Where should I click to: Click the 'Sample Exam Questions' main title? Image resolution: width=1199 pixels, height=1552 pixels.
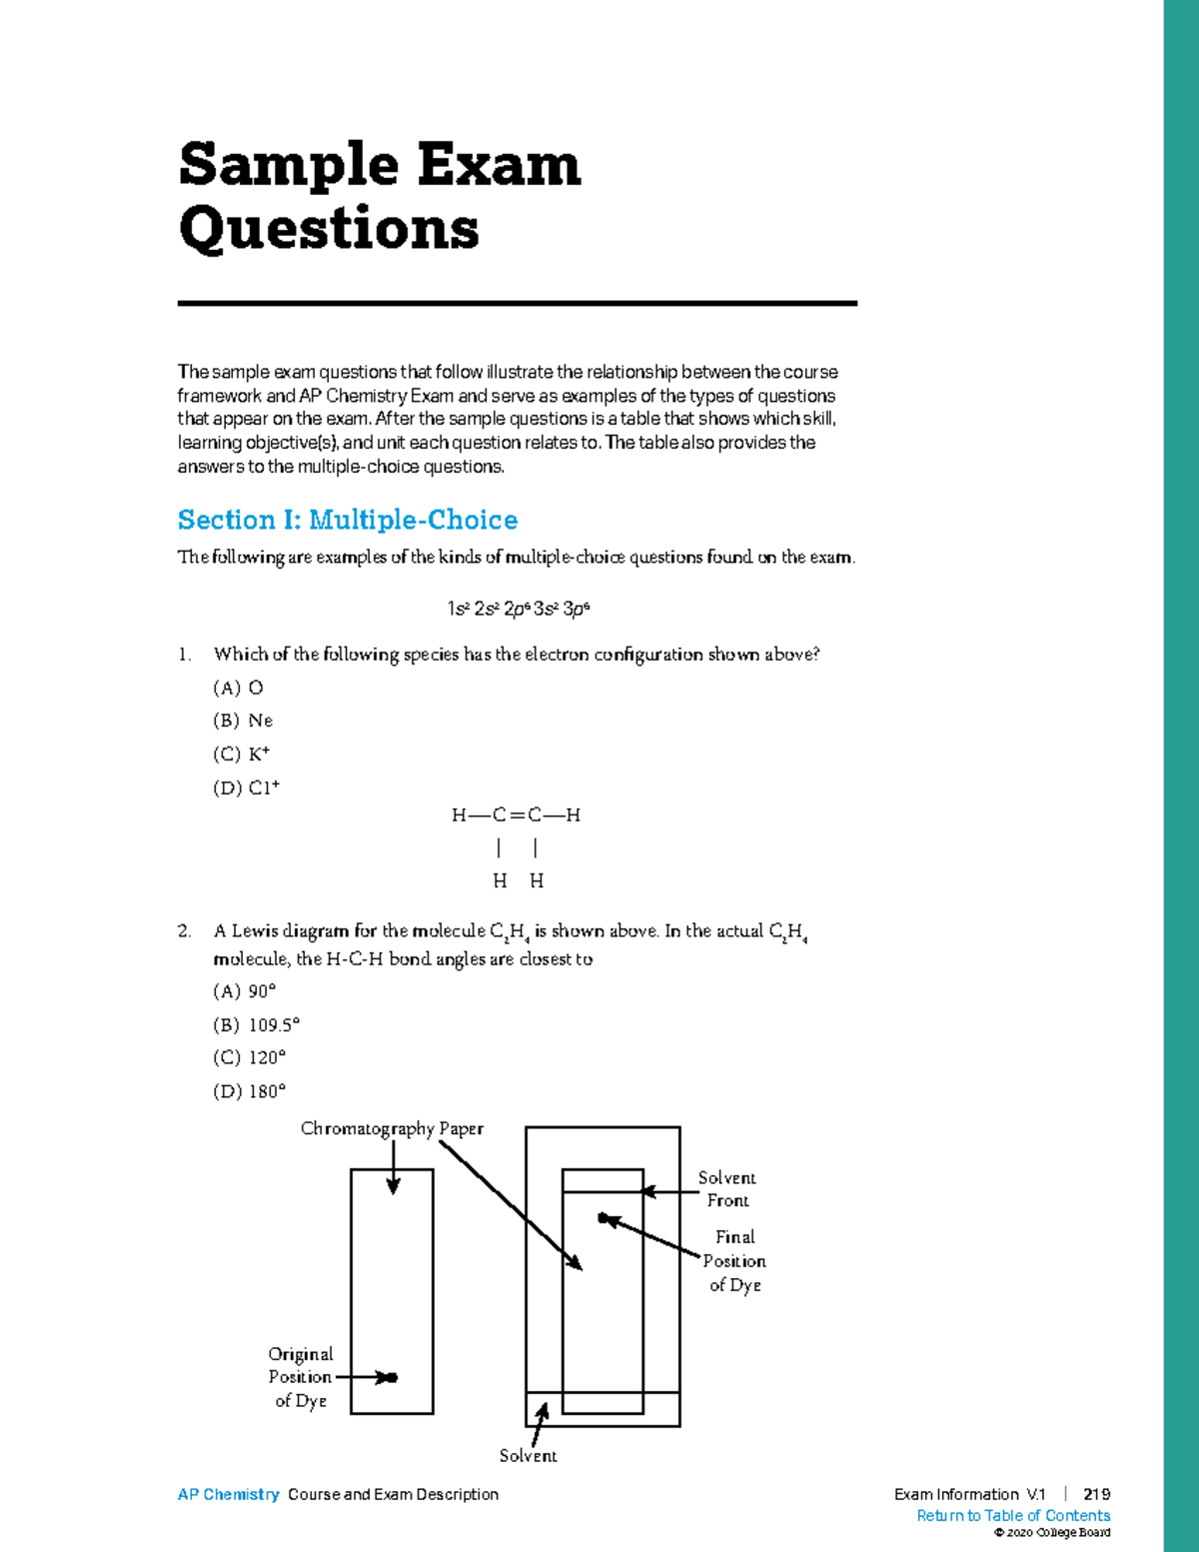click(379, 196)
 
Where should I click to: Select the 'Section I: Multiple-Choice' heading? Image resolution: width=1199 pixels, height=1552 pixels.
click(348, 520)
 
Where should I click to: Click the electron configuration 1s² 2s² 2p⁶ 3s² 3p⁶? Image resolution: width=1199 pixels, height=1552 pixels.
click(518, 609)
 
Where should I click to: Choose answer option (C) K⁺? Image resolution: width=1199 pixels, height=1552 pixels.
click(242, 755)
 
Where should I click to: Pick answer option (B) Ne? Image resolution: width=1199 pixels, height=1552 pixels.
click(243, 721)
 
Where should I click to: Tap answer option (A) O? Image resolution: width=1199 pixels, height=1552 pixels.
click(239, 688)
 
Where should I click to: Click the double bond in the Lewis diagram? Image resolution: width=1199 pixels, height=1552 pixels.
click(517, 815)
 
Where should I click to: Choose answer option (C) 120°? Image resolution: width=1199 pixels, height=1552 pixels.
click(250, 1057)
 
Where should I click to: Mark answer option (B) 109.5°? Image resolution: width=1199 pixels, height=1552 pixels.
click(257, 1024)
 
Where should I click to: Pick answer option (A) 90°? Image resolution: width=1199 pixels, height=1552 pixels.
click(245, 991)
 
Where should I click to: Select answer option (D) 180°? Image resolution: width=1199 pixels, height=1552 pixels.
click(250, 1091)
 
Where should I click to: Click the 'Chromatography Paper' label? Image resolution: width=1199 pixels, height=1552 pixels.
click(392, 1128)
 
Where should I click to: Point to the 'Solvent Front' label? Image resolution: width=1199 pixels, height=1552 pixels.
click(727, 1189)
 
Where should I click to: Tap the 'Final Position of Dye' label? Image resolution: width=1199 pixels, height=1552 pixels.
click(734, 1261)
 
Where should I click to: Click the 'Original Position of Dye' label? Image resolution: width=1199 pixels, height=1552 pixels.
click(300, 1377)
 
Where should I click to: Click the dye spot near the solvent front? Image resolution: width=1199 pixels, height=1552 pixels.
click(603, 1218)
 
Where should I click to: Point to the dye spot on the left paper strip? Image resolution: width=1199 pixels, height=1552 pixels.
click(392, 1378)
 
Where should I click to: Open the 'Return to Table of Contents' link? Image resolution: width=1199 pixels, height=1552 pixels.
click(1013, 1516)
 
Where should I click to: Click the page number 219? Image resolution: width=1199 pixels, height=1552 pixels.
click(1096, 1495)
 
